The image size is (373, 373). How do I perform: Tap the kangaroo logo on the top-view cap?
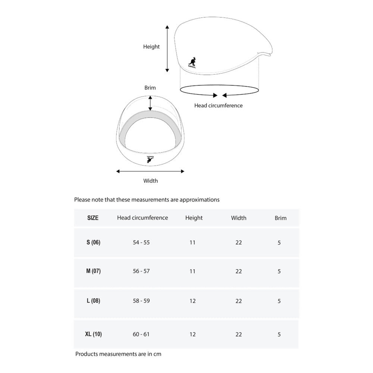point(150,159)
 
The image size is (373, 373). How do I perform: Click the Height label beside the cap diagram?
point(151,47)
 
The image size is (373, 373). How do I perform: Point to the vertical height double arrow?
point(167,48)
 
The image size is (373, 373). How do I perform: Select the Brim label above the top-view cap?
point(150,88)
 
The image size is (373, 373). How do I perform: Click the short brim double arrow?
point(150,103)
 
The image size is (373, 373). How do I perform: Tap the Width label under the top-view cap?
point(150,181)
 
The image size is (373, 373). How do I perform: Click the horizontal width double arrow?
point(150,171)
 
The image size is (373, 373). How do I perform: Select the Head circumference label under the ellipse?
point(218,106)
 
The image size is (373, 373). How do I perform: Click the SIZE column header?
point(93,218)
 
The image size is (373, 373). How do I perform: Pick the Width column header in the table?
point(239,218)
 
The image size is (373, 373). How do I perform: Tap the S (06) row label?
point(93,242)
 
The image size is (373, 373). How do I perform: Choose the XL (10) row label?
point(93,334)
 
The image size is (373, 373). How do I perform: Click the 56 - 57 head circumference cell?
point(141,271)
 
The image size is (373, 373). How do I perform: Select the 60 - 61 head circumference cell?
point(141,334)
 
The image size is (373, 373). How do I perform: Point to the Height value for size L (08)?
point(192,301)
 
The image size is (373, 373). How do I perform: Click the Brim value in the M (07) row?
point(279,271)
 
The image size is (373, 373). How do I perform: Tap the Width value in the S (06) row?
point(239,242)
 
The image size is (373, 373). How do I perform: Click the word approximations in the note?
point(200,200)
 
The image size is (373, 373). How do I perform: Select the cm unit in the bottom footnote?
point(157,354)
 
